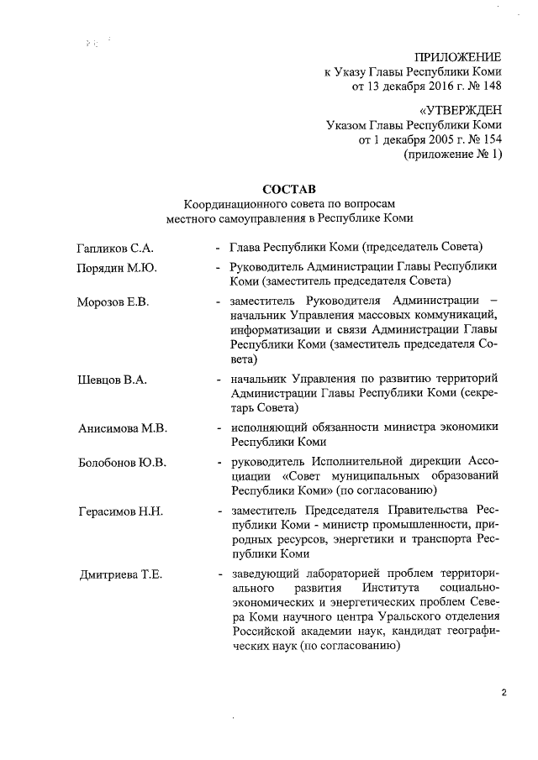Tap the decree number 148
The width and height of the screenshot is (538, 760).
click(490, 85)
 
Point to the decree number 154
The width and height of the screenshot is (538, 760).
click(490, 139)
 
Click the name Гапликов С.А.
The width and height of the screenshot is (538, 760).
click(114, 249)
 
